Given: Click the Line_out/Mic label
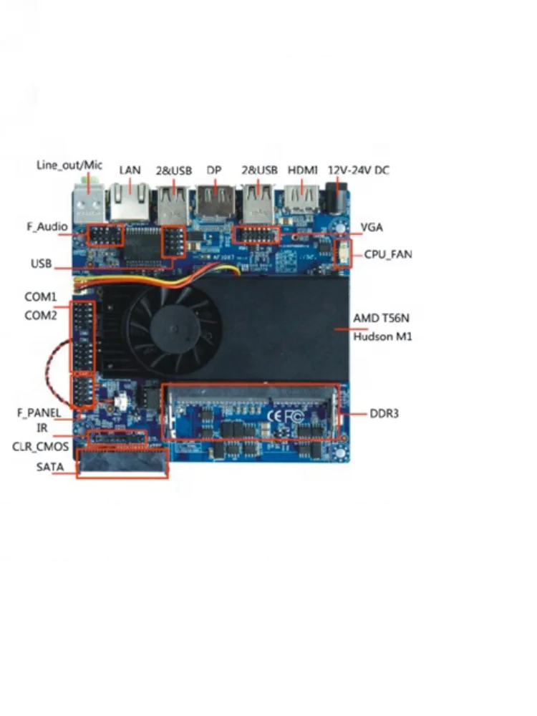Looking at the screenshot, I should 69,165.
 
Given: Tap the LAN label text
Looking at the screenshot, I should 130,170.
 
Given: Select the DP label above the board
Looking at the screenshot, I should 214,170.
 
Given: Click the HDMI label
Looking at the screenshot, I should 302,170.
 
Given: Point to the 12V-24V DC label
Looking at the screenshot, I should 358,170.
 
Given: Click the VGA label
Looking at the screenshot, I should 372,228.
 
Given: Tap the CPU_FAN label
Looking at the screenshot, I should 388,254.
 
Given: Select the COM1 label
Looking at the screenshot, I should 41,296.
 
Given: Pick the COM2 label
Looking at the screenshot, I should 41,315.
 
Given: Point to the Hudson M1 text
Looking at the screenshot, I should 382,337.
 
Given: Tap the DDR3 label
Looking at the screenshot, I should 384,414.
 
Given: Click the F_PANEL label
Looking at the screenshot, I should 39,413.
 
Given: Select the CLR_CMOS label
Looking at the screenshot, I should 40,447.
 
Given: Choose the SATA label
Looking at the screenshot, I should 50,468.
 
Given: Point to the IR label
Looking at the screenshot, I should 42,429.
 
